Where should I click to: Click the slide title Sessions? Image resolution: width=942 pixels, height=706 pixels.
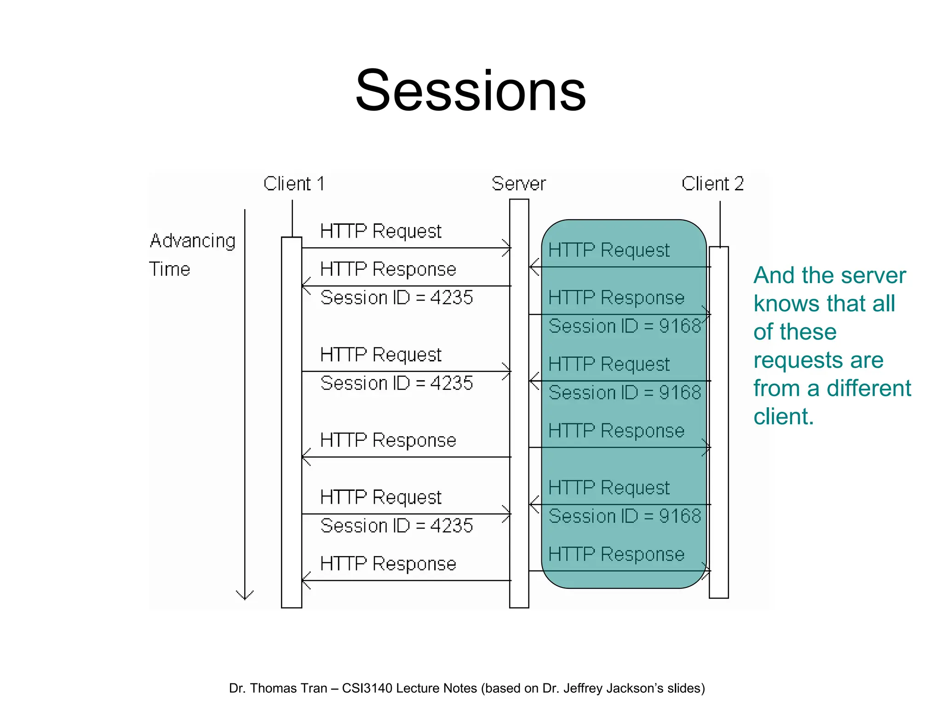click(471, 91)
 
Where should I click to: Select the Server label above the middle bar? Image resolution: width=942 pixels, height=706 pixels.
click(518, 184)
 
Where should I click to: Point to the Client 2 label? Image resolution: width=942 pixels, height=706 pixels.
click(712, 184)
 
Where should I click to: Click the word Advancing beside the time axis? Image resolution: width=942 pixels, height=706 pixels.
click(193, 241)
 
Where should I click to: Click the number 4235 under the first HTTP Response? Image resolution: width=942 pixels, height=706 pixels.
click(451, 298)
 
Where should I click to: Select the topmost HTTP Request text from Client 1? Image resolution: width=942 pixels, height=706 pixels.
click(380, 231)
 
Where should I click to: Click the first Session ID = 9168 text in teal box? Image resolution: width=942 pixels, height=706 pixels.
click(625, 326)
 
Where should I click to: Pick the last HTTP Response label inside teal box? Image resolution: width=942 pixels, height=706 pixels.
click(616, 554)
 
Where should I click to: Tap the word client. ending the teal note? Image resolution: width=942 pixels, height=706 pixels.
click(783, 416)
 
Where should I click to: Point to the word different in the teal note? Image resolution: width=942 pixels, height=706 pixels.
click(868, 388)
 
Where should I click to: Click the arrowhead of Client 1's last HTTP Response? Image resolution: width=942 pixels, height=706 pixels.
click(304, 581)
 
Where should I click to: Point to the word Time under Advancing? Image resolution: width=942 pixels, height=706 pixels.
click(170, 269)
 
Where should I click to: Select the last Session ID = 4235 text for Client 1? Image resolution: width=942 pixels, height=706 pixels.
click(396, 526)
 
